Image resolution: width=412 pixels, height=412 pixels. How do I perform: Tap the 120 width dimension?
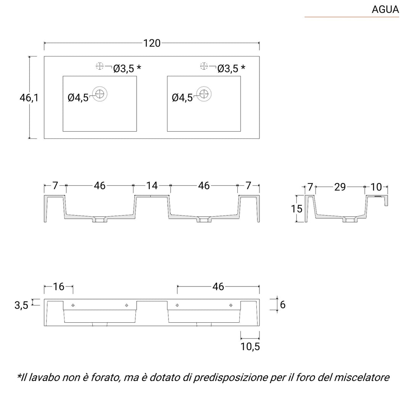(152, 43)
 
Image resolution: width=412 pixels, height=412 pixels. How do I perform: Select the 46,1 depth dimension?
(29, 98)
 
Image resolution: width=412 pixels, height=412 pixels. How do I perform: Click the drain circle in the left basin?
(100, 94)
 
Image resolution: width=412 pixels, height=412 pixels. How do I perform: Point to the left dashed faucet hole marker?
(100, 66)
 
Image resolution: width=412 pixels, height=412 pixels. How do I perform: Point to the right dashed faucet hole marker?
(204, 66)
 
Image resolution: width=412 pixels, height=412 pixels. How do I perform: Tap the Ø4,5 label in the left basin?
(78, 98)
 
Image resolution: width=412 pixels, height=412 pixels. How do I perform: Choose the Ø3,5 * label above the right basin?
(231, 69)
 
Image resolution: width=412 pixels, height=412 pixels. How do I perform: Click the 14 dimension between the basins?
(152, 186)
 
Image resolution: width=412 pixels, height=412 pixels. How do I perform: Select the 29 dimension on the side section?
(340, 187)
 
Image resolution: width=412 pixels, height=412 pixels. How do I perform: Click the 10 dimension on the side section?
(376, 187)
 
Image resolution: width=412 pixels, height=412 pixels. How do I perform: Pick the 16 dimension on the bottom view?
(58, 286)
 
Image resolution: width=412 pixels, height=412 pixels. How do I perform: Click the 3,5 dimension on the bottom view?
(22, 305)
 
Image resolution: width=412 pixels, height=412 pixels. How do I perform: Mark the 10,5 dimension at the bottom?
(250, 346)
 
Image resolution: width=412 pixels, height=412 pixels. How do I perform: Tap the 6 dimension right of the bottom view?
(283, 304)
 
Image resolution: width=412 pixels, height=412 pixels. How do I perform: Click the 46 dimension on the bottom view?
(218, 286)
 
